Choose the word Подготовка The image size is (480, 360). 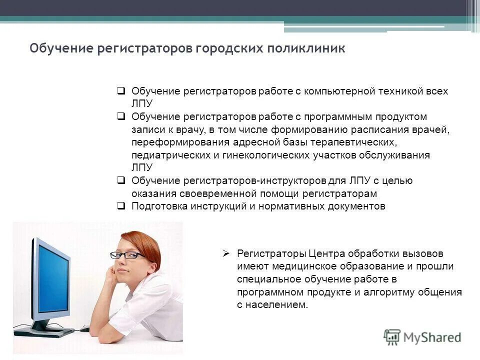point(159,206)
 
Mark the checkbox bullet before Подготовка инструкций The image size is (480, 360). point(121,206)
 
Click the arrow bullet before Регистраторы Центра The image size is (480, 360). point(226,253)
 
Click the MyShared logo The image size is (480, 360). point(422,337)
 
